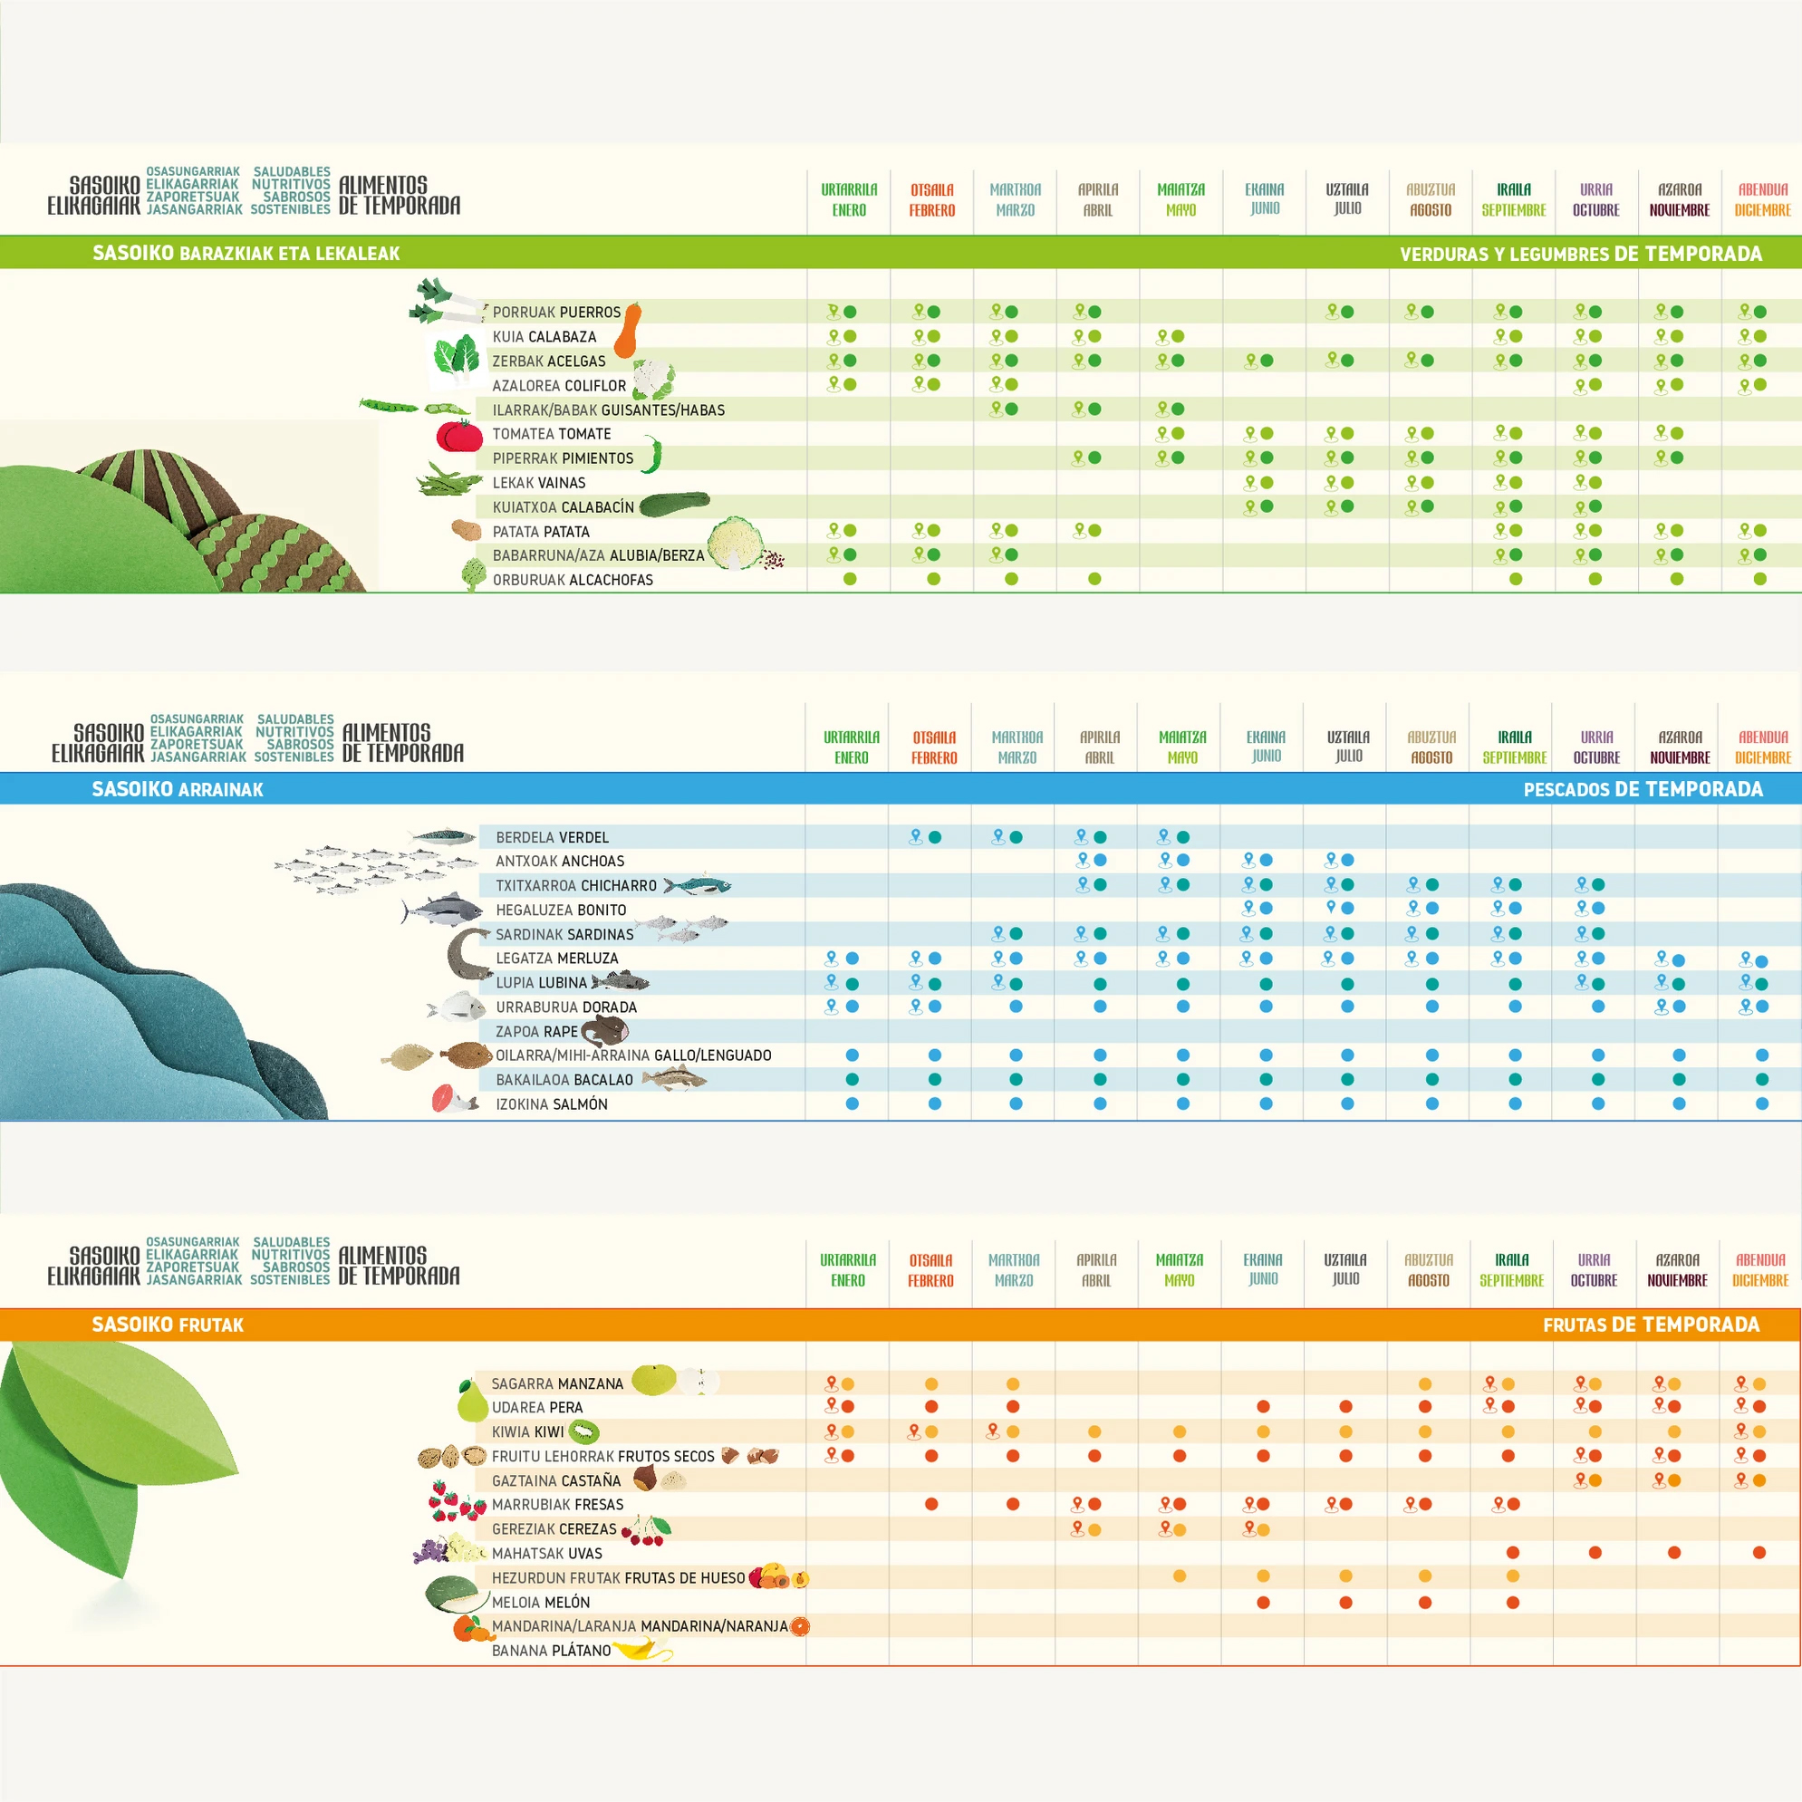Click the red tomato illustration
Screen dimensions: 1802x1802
coord(460,436)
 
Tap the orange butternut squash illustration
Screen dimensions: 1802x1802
coord(629,329)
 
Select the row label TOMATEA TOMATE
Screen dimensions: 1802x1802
coord(551,434)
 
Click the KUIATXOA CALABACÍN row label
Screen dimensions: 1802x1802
coord(563,507)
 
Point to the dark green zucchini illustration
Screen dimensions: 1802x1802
coord(674,505)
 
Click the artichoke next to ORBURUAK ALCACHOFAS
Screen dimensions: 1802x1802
coord(474,575)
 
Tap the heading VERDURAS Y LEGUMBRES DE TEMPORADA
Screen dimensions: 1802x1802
coord(1580,254)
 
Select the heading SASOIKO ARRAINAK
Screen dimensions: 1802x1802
coord(178,789)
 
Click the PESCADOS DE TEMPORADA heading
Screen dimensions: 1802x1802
coord(1643,789)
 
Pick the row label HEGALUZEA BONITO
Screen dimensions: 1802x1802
coord(561,910)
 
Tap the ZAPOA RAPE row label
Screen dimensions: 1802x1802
coord(536,1032)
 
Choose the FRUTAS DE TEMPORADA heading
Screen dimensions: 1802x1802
coord(1651,1325)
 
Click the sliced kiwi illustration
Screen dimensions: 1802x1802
coord(583,1431)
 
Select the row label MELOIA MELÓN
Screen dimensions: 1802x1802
coord(540,1603)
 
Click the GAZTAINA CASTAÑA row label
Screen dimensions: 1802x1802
coord(556,1480)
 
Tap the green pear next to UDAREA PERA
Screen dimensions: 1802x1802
coord(472,1403)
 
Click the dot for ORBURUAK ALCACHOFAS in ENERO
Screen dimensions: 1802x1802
coord(850,579)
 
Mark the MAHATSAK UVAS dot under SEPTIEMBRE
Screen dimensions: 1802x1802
coord(1513,1553)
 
